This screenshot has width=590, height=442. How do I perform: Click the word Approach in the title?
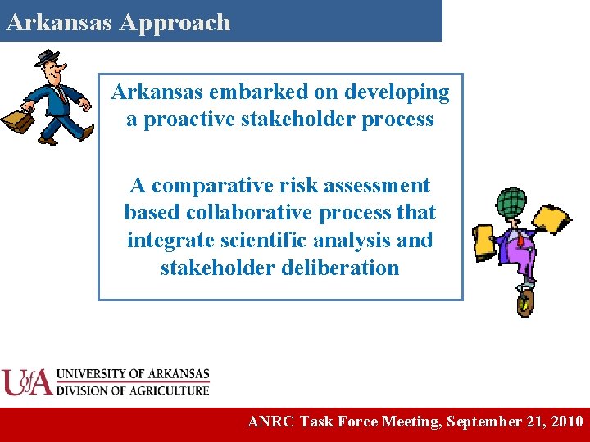tap(175, 23)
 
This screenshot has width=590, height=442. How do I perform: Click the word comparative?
tap(216, 187)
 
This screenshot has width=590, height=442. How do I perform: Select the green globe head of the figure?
tap(512, 201)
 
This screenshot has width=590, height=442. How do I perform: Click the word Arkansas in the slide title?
tap(59, 23)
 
